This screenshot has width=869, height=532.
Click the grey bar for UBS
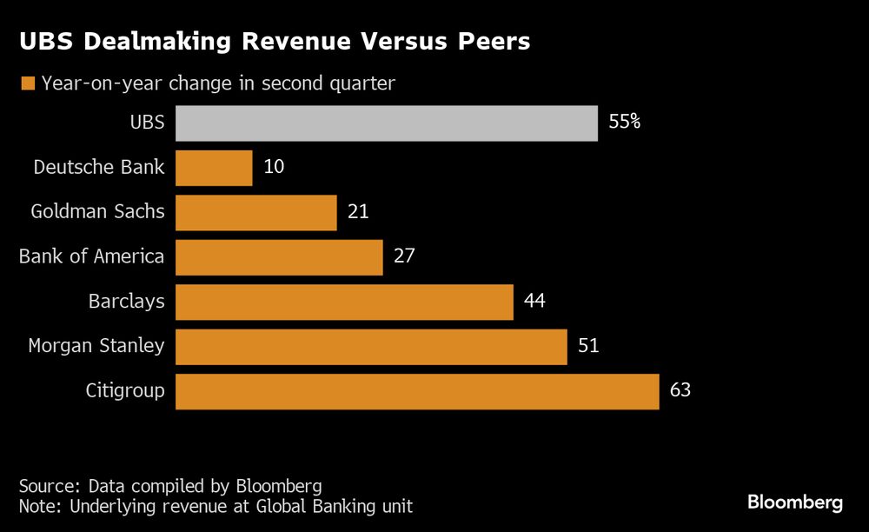387,123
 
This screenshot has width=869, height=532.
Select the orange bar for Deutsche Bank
214,168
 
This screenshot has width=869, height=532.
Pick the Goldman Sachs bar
256,212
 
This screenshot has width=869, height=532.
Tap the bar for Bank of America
279,257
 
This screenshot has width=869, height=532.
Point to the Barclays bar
344,302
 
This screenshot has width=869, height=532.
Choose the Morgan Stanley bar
371,346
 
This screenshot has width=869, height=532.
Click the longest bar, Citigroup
417,391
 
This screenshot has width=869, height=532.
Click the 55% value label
625,123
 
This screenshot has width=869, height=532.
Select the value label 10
274,167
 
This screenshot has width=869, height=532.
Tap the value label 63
680,390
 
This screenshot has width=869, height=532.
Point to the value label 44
534,302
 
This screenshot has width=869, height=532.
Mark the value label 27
404,257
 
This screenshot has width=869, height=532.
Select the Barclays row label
126,302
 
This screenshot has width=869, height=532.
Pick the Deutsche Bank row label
98,167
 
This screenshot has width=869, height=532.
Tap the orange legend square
27,83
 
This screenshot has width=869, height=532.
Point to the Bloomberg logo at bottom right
795,502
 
